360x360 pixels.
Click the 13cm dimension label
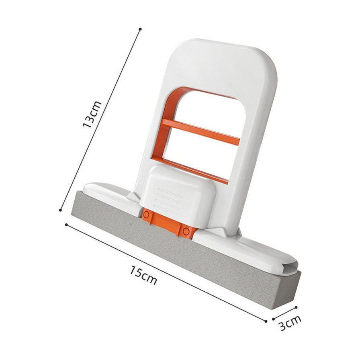click(x=92, y=114)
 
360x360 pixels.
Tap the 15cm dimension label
click(x=143, y=274)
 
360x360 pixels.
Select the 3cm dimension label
click(x=290, y=323)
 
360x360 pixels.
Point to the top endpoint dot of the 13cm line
click(x=140, y=29)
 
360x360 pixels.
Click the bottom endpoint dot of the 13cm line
click(x=61, y=210)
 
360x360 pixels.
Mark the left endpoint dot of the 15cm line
click(x=66, y=225)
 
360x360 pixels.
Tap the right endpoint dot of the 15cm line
click(x=266, y=321)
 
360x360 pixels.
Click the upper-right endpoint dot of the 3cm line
click(x=296, y=307)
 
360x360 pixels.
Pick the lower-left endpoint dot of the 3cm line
click(x=274, y=319)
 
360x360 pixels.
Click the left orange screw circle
click(x=146, y=215)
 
